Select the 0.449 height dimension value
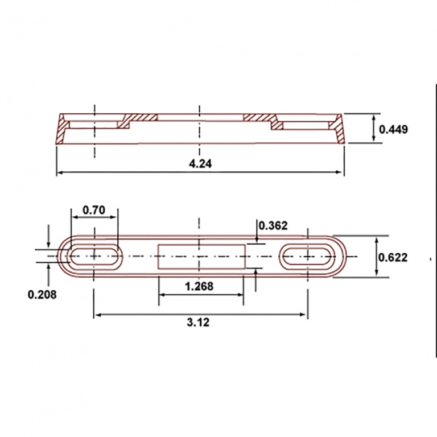(x=393, y=129)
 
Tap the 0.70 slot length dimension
(x=94, y=210)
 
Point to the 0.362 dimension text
(x=273, y=225)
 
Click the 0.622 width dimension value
(x=393, y=257)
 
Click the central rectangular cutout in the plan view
(x=201, y=256)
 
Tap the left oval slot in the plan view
(x=94, y=257)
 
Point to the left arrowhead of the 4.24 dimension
(x=60, y=172)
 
